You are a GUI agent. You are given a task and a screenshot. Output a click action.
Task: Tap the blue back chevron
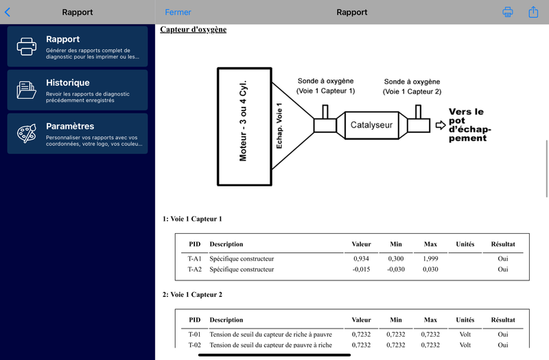point(8,12)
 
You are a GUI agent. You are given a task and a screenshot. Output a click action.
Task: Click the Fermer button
point(178,12)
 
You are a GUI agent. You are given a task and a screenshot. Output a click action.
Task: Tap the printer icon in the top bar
point(508,12)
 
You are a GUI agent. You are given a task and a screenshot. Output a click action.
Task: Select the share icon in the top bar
point(533,12)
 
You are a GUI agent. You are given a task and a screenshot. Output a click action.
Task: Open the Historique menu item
point(78,90)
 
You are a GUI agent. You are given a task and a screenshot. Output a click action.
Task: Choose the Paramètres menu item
point(78,133)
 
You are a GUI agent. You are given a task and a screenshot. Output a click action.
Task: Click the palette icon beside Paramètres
point(27,133)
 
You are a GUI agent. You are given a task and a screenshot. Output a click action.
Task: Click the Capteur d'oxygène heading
point(194,29)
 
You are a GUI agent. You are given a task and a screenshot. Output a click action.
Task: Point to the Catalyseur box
point(371,125)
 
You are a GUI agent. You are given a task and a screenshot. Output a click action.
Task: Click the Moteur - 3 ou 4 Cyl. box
point(244,126)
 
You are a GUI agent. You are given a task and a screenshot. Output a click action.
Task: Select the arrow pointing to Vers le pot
point(441,125)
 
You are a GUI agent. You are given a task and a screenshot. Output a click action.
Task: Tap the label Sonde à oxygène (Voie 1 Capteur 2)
point(412,86)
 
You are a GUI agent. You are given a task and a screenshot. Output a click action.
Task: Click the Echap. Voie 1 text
point(279,125)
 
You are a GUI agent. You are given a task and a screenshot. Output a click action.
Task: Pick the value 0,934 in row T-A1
point(361,259)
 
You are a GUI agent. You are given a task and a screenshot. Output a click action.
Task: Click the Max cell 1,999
point(430,259)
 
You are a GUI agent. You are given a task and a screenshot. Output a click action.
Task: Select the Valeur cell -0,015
point(361,269)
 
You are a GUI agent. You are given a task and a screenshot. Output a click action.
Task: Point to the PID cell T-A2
point(195,269)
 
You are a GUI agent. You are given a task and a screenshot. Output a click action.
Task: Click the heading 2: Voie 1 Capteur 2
point(192,295)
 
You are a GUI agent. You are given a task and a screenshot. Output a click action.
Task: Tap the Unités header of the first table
point(465,244)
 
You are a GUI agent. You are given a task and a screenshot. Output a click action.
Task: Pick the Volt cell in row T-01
point(465,334)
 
